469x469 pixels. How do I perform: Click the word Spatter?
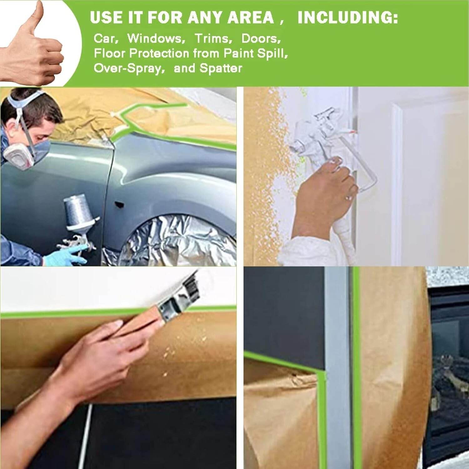(221, 68)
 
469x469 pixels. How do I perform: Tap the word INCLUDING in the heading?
(347, 18)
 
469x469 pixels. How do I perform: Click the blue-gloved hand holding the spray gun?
(63, 255)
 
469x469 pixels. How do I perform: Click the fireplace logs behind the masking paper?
(450, 375)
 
